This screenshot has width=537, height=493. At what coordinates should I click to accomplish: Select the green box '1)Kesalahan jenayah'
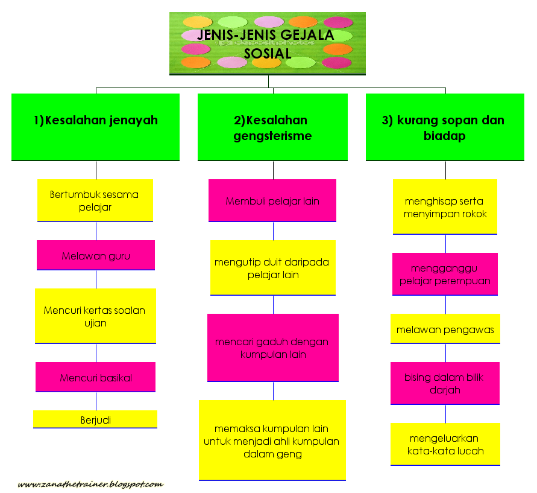[x=95, y=127]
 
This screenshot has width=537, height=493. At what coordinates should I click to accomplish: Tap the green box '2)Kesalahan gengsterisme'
[x=272, y=127]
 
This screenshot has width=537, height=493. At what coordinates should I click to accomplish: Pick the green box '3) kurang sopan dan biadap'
[x=445, y=127]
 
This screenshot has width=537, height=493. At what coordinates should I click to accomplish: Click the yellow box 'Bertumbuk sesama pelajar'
[x=95, y=200]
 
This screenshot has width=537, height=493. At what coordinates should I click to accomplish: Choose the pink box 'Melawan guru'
[x=96, y=255]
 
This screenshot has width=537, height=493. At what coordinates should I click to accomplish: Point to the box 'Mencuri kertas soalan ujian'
[x=95, y=316]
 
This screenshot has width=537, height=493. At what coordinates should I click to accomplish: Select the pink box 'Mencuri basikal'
[x=95, y=377]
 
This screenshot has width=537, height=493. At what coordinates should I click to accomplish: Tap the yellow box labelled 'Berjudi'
[x=95, y=419]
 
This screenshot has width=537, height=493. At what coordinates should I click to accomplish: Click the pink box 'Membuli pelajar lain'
[x=272, y=200]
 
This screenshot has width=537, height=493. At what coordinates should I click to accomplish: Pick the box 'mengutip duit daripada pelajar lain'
[x=272, y=268]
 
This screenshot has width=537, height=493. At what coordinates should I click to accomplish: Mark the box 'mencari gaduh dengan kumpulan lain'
[x=272, y=348]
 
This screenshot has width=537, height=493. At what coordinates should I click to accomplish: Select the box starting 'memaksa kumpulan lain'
[x=272, y=440]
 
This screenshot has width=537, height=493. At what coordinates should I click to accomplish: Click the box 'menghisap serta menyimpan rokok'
[x=445, y=207]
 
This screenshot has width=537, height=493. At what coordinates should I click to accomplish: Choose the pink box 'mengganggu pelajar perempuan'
[x=445, y=274]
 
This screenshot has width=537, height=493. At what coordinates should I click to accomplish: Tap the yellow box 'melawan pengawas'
[x=445, y=329]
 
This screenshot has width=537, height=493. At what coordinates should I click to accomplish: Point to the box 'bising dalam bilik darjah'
[x=445, y=383]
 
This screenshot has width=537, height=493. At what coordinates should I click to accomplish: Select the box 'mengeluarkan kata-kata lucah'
[x=445, y=444]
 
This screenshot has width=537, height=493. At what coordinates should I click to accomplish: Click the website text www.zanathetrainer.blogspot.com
[x=90, y=484]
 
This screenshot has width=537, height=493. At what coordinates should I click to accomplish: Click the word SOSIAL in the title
[x=268, y=52]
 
